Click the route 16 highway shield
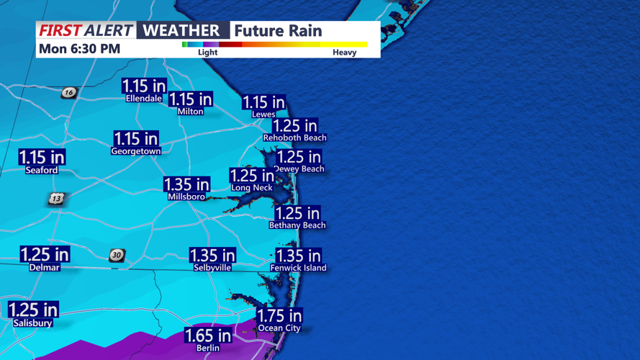68,92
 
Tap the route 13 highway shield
56,198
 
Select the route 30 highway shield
117,255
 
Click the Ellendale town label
144,99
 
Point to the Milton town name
190,112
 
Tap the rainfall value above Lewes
263,103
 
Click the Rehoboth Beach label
294,138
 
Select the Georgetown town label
136,151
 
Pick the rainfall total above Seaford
42,157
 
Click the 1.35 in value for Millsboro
186,184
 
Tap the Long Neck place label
251,188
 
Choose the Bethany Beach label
297,225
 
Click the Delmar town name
44,267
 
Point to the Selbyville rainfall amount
212,256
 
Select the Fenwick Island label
298,268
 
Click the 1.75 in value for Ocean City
279,316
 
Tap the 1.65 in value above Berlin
208,336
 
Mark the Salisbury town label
33,323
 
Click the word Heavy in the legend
344,53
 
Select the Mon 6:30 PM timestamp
79,49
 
